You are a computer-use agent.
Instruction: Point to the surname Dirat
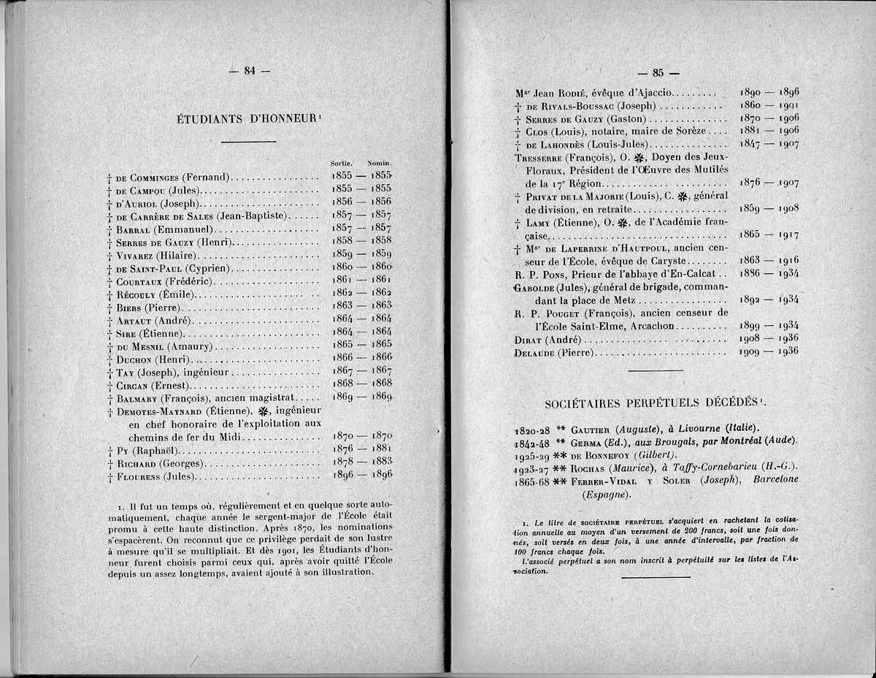tap(531, 340)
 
